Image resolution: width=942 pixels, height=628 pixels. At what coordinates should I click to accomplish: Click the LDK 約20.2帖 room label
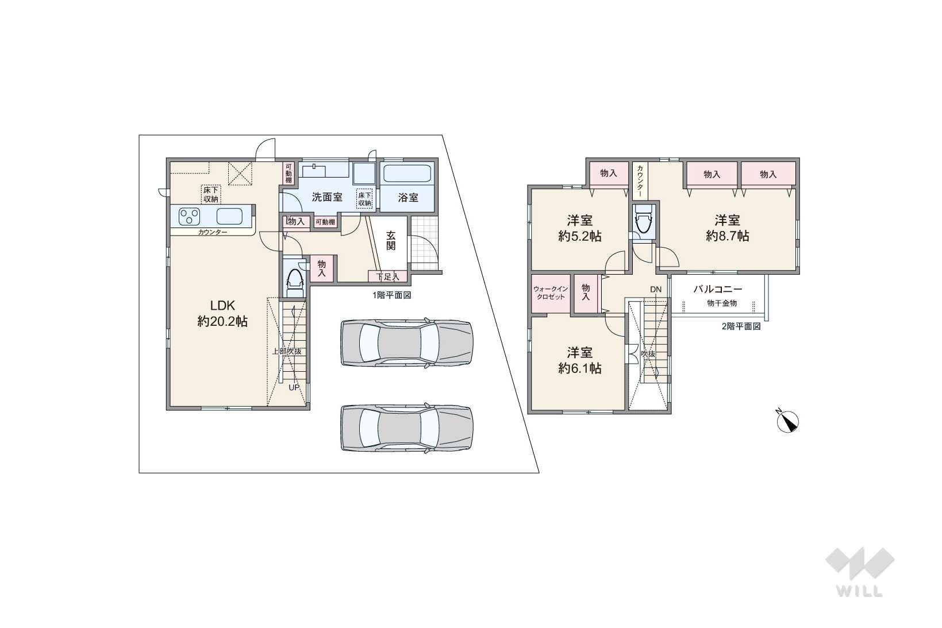[222, 314]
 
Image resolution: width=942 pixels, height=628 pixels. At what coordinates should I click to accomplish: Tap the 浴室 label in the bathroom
[408, 198]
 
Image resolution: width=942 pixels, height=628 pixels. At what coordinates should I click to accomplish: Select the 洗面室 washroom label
[327, 197]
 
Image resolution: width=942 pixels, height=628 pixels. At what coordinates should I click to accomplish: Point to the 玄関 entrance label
[391, 240]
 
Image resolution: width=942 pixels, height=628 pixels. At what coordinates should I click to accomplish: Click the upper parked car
[406, 343]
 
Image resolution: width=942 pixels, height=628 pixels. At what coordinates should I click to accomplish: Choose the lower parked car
[407, 428]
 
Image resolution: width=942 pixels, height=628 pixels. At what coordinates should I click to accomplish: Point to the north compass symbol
[787, 421]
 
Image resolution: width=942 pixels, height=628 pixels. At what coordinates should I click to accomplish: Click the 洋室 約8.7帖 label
[728, 228]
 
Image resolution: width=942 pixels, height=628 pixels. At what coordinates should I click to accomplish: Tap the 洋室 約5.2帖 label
[579, 228]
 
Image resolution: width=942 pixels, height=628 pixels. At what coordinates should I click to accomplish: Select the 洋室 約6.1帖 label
[579, 360]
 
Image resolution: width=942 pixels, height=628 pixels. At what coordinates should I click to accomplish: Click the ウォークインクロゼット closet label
[551, 293]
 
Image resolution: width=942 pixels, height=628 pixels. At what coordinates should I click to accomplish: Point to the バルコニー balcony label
[717, 289]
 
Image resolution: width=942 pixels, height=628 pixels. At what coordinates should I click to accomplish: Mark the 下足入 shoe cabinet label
[387, 277]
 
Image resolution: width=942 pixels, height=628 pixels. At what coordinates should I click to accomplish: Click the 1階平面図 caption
[391, 295]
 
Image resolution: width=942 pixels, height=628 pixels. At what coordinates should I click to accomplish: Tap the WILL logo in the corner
[860, 572]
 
